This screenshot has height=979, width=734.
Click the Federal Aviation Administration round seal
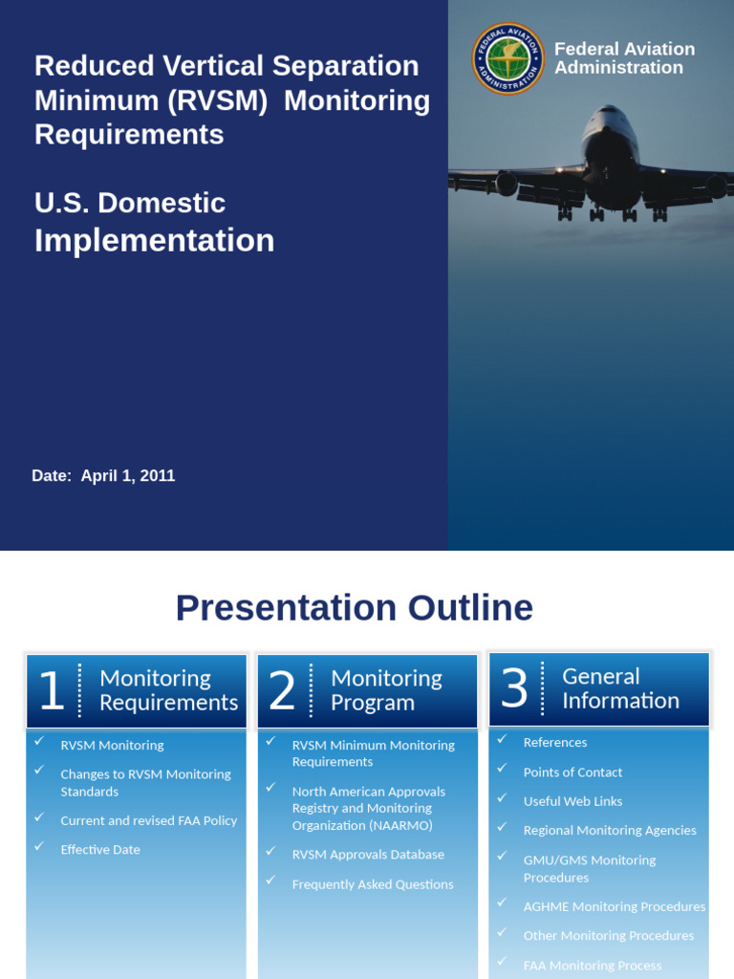pos(507,59)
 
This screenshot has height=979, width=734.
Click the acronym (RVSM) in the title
pos(216,100)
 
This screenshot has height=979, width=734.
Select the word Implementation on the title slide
pos(154,240)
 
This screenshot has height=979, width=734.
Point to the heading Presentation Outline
pos(354,608)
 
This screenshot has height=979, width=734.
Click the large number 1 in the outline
pos(51,691)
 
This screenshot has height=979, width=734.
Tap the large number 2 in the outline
pos(282,691)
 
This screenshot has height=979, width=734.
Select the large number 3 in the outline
pos(514,688)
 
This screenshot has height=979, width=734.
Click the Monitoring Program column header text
pos(386,690)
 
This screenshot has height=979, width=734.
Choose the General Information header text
pos(619,688)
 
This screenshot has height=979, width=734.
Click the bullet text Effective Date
pos(100,850)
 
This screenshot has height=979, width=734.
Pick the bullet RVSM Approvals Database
pos(368,855)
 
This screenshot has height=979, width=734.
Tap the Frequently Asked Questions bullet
pos(373,884)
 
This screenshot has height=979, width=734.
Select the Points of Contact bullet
pos(572,772)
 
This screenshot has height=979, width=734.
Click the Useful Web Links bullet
pos(572,801)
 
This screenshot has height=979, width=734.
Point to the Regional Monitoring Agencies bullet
pos(610,831)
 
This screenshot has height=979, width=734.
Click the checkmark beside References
pos(502,740)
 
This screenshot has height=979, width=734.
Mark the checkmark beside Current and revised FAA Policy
pos(39,818)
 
